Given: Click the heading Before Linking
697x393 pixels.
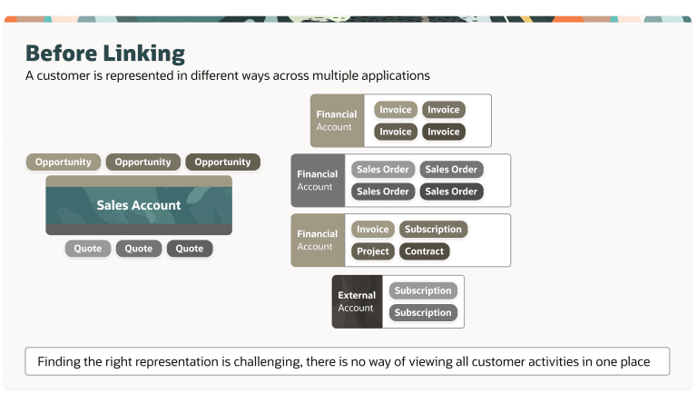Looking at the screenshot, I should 104,54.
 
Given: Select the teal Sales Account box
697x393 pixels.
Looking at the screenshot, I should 139,205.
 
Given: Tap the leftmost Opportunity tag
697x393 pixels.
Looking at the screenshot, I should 63,162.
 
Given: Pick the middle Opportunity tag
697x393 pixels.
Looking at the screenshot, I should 142,162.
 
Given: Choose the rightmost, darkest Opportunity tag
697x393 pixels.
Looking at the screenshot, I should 222,162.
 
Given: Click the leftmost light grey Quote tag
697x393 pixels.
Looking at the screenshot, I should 88,249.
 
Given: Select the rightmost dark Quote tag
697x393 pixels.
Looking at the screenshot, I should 190,249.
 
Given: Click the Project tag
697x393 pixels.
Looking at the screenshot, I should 372,251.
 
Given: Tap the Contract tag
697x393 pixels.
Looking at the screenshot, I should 424,251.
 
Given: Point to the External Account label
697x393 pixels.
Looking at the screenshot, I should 356,301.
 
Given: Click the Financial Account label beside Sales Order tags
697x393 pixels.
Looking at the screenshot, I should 317,181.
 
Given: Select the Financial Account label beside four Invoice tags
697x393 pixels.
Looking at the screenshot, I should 336,121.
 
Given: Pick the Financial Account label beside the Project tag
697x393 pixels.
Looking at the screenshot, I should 317,241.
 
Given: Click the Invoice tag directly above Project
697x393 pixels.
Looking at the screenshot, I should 372,230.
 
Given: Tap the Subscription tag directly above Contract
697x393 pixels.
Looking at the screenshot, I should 433,230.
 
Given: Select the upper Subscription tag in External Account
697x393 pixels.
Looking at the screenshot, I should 423,291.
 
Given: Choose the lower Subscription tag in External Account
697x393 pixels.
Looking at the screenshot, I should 423,313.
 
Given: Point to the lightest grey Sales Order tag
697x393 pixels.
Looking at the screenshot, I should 382,170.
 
